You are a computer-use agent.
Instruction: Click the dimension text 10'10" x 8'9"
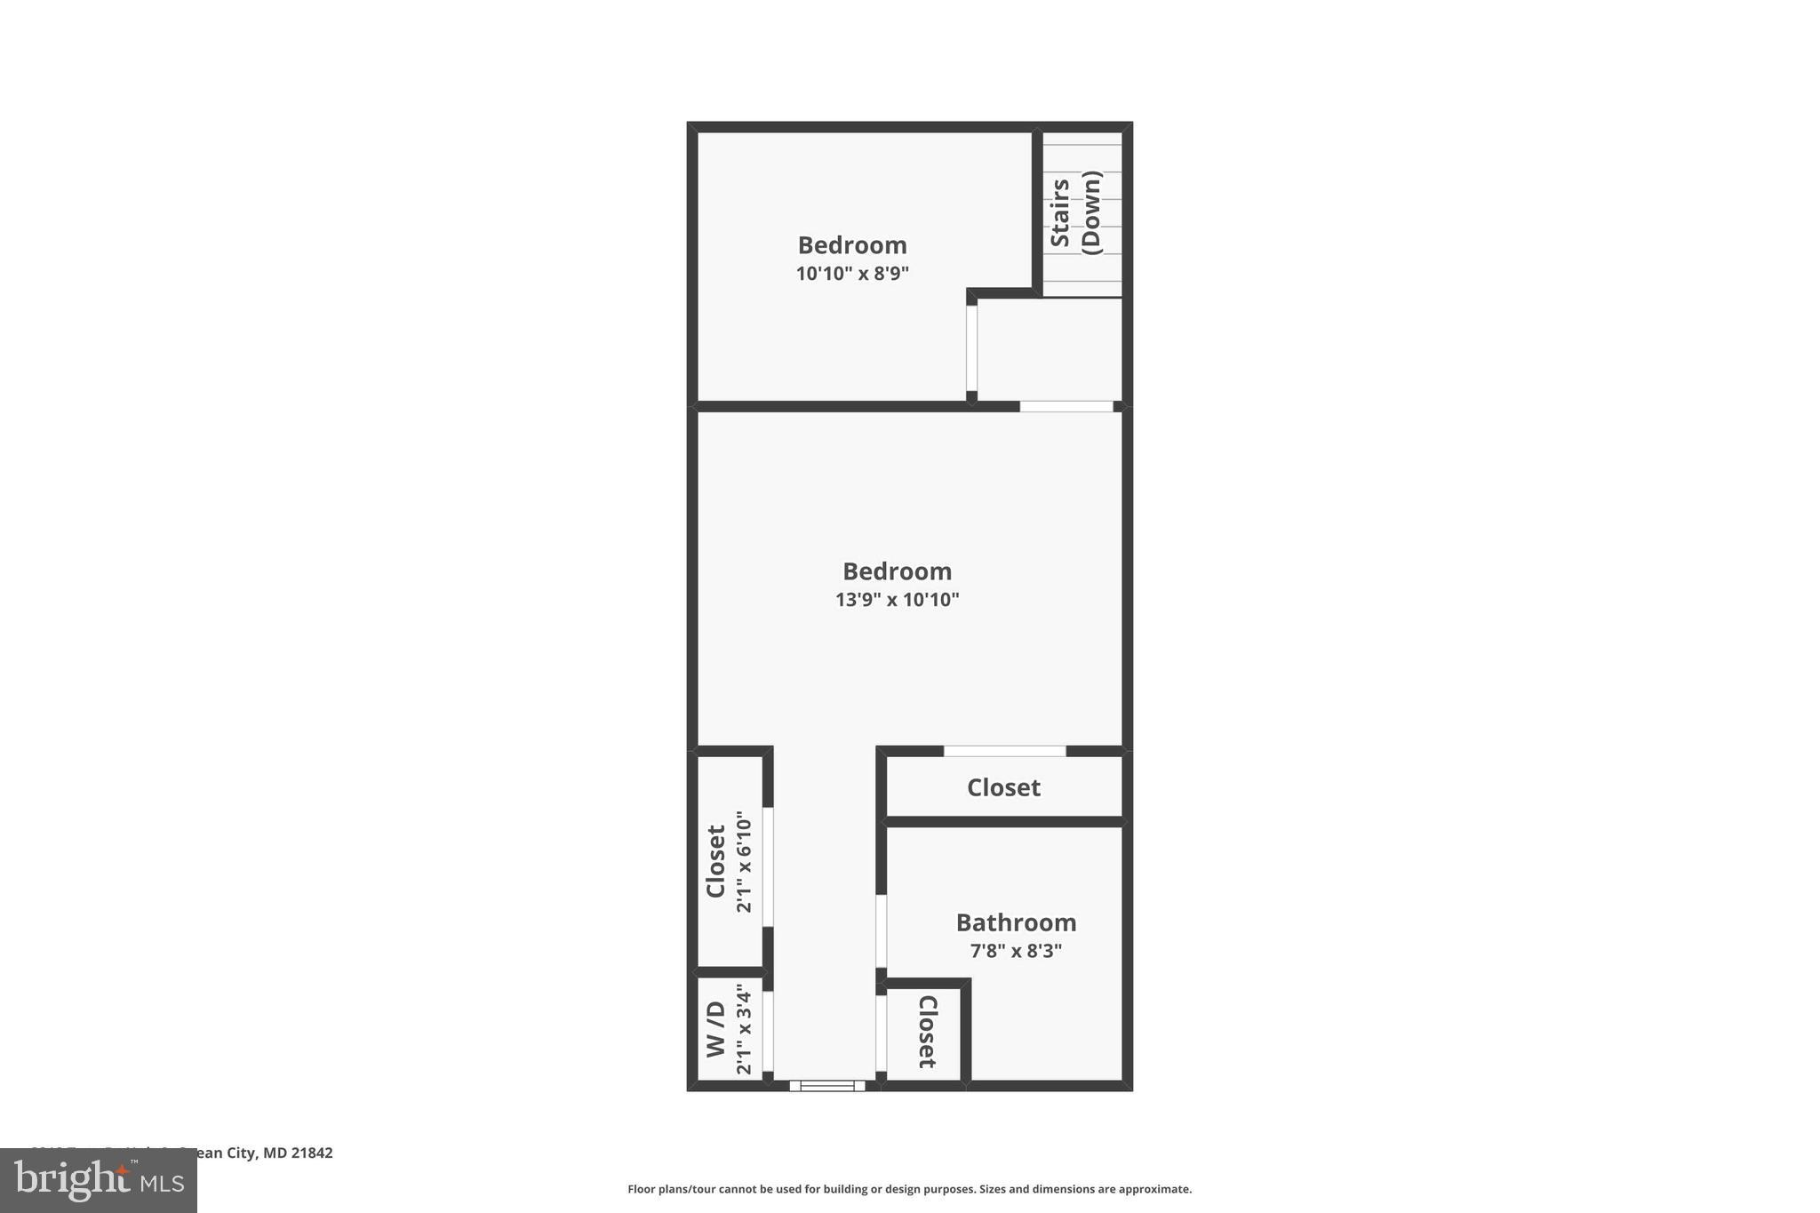(x=852, y=274)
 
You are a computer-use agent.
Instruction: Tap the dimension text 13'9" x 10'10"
(x=897, y=600)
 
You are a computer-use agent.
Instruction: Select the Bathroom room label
(x=1016, y=922)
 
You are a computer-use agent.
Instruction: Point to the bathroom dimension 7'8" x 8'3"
(x=1016, y=951)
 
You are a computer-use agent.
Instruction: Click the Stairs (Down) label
(x=1075, y=213)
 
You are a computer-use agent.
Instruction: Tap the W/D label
(x=716, y=1030)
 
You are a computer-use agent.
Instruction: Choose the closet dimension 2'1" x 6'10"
(x=744, y=861)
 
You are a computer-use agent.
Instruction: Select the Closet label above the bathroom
(x=1003, y=787)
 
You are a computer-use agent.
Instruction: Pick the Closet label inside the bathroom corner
(x=927, y=1031)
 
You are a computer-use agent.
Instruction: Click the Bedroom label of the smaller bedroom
(x=852, y=245)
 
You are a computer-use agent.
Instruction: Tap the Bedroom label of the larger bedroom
(x=897, y=571)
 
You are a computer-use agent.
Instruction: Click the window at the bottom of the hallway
(x=827, y=1085)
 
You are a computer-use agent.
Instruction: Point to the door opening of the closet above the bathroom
(x=1004, y=751)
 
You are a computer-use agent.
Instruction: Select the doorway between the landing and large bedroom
(x=1066, y=406)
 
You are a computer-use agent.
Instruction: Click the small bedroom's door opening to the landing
(x=971, y=348)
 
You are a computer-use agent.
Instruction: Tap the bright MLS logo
(x=99, y=1180)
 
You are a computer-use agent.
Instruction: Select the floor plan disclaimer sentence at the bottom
(x=909, y=1189)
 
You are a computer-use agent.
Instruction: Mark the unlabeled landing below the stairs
(x=1049, y=349)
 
